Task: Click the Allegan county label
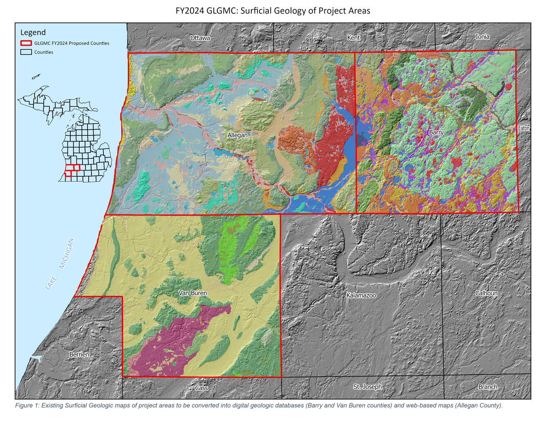point(237,135)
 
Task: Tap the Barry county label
point(436,132)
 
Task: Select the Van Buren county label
point(193,293)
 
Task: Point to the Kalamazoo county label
point(361,295)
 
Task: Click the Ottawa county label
point(200,38)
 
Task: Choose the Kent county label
point(354,38)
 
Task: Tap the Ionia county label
point(482,37)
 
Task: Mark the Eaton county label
point(524,128)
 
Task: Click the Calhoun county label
point(486,293)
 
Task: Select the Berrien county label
point(79,355)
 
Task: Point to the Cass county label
point(201,388)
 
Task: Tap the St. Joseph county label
point(367,387)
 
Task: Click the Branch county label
point(488,387)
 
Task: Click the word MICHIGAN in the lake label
point(66,254)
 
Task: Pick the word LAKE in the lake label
point(51,283)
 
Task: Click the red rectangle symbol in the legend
point(26,43)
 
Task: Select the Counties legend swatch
point(26,52)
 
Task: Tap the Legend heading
point(33,32)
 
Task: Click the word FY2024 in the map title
point(190,11)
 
